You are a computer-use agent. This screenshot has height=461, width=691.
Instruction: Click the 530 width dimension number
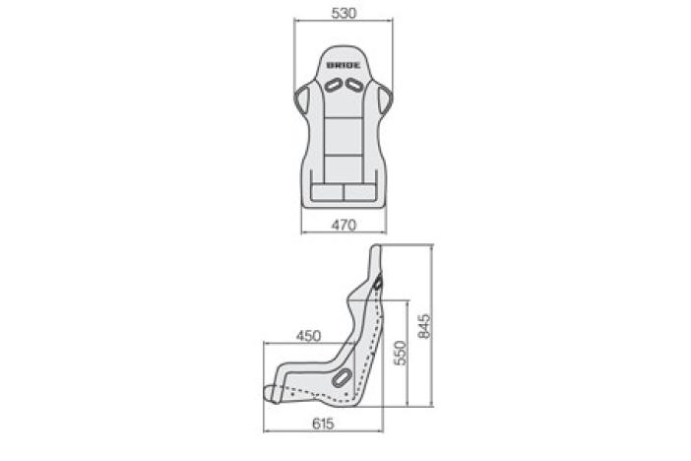(344, 13)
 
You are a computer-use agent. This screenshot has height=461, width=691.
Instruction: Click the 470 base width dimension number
(344, 226)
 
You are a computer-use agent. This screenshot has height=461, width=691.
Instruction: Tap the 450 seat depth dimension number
(308, 336)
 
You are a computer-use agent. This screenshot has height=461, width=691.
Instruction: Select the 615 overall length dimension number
(323, 424)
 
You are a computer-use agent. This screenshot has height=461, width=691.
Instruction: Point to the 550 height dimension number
(401, 353)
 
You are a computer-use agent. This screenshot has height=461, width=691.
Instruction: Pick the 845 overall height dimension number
(424, 326)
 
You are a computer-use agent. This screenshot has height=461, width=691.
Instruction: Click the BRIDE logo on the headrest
(344, 65)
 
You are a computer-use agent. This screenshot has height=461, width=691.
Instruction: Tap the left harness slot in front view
(334, 85)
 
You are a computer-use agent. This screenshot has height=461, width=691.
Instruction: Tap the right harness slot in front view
(353, 85)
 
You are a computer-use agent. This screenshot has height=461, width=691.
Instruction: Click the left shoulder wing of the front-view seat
(301, 99)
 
